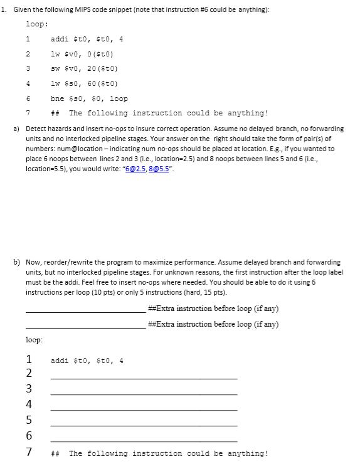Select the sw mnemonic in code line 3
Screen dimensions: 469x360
55,68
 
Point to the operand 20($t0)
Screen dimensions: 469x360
96,68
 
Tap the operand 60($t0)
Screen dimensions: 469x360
96,83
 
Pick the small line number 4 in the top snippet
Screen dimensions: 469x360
29,83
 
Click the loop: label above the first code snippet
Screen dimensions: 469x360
35,23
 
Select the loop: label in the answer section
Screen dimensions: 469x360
34,340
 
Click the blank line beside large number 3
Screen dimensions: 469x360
144,394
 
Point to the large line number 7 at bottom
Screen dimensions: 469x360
29,452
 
